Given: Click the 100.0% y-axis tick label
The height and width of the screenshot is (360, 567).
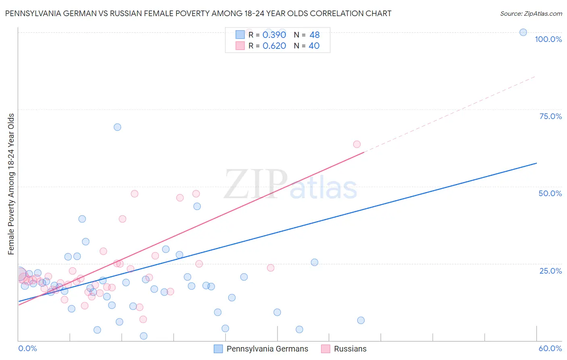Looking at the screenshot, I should [x=548, y=39].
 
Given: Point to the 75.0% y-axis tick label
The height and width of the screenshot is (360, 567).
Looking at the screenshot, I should [x=550, y=116].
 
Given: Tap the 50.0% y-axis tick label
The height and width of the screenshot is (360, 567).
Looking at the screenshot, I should [x=550, y=193].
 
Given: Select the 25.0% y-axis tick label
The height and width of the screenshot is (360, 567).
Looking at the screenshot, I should [x=550, y=271].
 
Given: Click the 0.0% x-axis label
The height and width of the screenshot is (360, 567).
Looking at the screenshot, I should [x=27, y=348].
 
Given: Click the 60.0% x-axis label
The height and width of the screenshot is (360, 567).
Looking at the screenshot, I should [x=550, y=348].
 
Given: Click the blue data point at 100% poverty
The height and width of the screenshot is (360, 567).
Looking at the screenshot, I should [x=523, y=32].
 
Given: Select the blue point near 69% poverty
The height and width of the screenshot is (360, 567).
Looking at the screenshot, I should [x=117, y=127].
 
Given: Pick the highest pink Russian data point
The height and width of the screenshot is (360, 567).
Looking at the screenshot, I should [x=357, y=144].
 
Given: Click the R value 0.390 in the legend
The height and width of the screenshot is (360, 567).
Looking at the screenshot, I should [x=274, y=35].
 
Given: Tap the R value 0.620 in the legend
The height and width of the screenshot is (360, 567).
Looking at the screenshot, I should [x=274, y=46].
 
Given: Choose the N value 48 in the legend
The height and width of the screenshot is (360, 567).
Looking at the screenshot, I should [x=315, y=35].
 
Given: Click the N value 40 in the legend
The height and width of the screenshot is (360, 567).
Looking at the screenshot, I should [x=314, y=46].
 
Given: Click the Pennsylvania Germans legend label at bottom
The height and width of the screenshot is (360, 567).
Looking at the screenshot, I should [x=267, y=349].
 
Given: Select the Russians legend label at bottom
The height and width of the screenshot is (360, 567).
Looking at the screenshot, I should [x=350, y=349].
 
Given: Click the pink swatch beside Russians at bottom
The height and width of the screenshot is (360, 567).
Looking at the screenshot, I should [x=325, y=349].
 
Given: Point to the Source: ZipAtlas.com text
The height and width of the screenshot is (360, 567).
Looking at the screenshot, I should [x=531, y=13].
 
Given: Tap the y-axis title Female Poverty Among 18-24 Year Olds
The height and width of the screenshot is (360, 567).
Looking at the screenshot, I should [x=11, y=184].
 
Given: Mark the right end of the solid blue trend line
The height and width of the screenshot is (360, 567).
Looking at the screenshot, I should [x=536, y=163].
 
